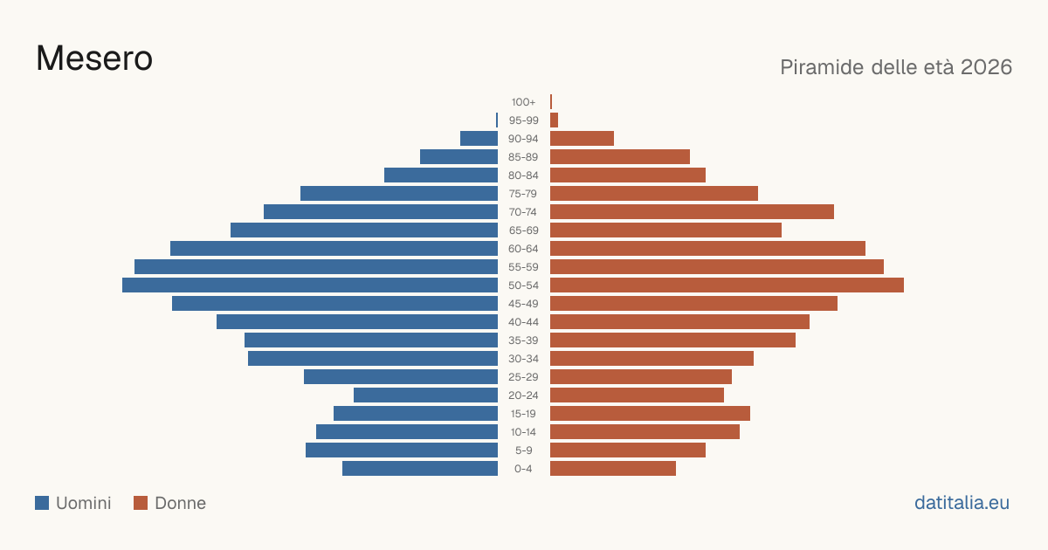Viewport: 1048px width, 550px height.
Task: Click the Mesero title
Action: point(94,58)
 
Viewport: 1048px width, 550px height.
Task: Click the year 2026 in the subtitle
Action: point(986,67)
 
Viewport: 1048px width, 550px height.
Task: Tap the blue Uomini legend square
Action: point(42,503)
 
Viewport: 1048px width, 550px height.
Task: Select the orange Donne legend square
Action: point(141,503)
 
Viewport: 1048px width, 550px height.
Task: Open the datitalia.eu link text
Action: point(962,503)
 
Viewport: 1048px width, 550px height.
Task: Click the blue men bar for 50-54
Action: point(310,285)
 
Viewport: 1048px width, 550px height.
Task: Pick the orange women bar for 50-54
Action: point(727,285)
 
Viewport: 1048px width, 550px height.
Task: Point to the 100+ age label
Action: point(523,102)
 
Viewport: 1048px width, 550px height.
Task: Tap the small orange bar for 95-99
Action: point(554,120)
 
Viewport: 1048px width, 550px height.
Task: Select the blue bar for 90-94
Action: point(479,139)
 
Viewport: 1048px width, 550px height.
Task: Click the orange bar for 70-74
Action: point(692,212)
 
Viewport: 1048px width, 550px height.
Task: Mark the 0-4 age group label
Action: point(523,469)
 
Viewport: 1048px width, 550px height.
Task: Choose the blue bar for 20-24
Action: point(426,395)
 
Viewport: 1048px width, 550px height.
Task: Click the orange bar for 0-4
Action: point(613,469)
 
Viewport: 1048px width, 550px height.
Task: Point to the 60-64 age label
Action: point(523,249)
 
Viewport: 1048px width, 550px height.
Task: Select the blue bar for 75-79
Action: point(399,194)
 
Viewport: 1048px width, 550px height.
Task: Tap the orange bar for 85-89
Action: point(620,156)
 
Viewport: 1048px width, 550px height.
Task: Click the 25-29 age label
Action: point(523,377)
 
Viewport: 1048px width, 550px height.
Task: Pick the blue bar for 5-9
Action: point(402,450)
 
